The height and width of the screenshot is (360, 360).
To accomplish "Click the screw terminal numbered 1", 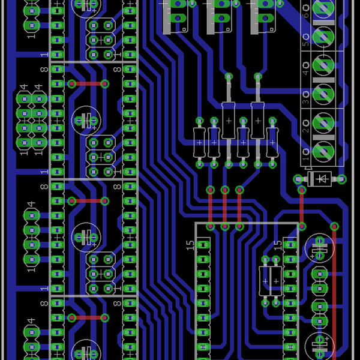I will (x=323, y=149).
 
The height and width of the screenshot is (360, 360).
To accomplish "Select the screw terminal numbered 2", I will (x=323, y=122).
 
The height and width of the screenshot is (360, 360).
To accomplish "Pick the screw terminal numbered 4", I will (x=323, y=64).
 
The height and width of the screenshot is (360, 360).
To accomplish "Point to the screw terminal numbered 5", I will (x=323, y=36).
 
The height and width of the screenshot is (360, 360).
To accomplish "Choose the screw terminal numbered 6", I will (x=323, y=8).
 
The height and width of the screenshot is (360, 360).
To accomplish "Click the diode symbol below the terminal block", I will (x=321, y=178).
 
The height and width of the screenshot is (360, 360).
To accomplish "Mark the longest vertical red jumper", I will (x=334, y=288).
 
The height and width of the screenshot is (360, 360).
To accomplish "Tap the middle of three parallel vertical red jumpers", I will (x=224, y=208).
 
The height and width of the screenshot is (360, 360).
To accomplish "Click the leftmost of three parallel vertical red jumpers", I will (x=210, y=208).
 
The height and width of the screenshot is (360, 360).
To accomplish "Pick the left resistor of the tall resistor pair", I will (x=229, y=121).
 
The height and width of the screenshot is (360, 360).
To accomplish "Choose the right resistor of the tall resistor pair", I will (x=258, y=121).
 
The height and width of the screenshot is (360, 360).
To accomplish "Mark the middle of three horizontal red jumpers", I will (x=88, y=201).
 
